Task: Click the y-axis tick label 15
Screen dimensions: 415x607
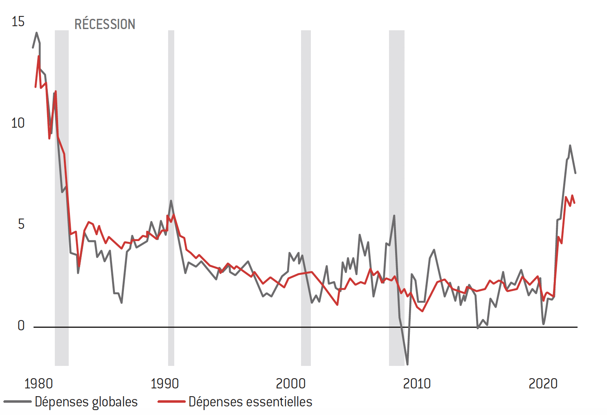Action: (18, 22)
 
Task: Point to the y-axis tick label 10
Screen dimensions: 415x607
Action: (18, 123)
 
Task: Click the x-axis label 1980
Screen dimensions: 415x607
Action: (39, 383)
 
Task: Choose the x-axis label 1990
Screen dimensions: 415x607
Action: (165, 383)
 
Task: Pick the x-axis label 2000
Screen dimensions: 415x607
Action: (291, 383)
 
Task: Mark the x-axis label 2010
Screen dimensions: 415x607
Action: (417, 383)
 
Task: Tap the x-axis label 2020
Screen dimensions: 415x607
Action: (543, 383)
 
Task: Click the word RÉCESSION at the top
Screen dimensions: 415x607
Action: (105, 25)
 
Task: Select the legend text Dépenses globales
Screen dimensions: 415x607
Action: (86, 402)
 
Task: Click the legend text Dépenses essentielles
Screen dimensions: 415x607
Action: (250, 402)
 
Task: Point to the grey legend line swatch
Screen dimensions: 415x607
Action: (18, 402)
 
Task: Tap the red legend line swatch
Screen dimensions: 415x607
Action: (171, 402)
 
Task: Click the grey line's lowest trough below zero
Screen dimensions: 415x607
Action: (407, 364)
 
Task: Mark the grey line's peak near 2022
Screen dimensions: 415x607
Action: (570, 146)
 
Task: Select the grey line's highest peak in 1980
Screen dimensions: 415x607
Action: (36, 33)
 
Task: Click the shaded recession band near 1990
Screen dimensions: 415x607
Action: (171, 196)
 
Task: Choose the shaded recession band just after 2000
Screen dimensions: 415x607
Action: (306, 196)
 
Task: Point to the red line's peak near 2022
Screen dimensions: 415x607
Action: (572, 196)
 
